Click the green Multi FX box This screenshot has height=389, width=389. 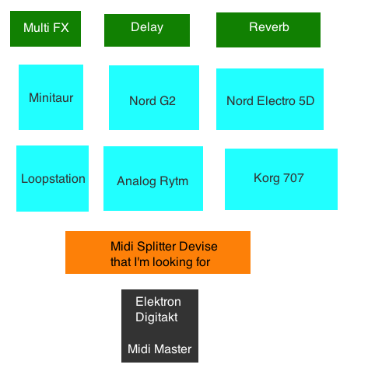click(46, 29)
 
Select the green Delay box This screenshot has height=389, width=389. click(146, 29)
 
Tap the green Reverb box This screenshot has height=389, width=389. click(268, 29)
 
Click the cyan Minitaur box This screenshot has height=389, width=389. click(51, 97)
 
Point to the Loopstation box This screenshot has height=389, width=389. click(52, 178)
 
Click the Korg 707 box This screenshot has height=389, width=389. click(281, 179)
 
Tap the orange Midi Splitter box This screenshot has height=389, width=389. click(157, 252)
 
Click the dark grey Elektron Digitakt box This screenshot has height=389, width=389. click(159, 325)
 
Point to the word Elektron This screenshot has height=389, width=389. click(158, 302)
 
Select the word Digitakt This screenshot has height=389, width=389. click(156, 317)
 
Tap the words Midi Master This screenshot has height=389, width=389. click(159, 349)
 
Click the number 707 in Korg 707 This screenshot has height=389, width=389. click(293, 178)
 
